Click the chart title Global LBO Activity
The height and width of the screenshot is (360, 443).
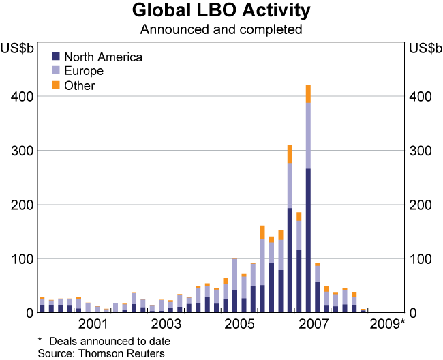221,12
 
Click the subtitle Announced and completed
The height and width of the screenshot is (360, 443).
221,30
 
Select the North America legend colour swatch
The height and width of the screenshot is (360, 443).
56,57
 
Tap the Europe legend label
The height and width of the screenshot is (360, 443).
83,71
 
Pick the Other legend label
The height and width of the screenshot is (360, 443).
79,85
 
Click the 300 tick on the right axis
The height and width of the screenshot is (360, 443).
420,151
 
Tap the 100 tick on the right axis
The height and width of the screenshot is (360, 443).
420,259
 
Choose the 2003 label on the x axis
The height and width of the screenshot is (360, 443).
166,323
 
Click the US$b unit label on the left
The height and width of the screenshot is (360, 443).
18,48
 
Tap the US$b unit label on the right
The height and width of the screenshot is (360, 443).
424,48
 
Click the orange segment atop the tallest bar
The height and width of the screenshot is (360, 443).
308,94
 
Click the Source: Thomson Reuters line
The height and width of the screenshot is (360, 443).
101,352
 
